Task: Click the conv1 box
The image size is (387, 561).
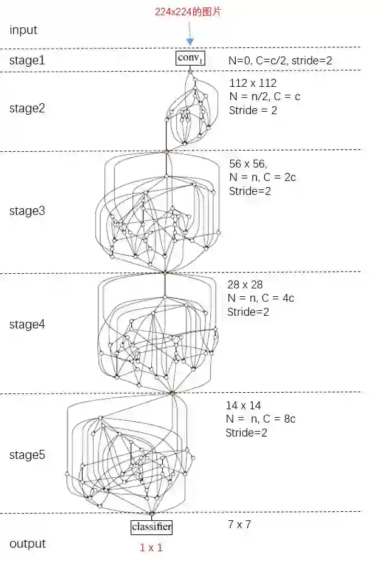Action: (190, 58)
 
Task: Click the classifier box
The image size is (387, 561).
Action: (151, 527)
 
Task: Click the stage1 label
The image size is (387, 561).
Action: (27, 59)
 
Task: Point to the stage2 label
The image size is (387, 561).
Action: (27, 109)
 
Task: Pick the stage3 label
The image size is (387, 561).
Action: (27, 211)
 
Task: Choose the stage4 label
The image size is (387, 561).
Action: (27, 324)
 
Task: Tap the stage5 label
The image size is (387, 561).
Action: (27, 455)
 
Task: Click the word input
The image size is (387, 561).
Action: (23, 30)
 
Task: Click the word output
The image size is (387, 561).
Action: (27, 543)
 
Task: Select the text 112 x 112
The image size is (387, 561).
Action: (253, 83)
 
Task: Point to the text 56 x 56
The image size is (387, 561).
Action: (249, 164)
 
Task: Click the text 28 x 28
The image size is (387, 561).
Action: (245, 284)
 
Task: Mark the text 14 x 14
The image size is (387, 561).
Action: (244, 405)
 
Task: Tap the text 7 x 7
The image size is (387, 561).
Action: (239, 524)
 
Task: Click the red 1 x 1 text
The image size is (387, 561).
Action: (151, 547)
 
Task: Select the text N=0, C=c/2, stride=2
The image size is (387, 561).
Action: (280, 60)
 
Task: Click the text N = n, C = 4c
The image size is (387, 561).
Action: (261, 298)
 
